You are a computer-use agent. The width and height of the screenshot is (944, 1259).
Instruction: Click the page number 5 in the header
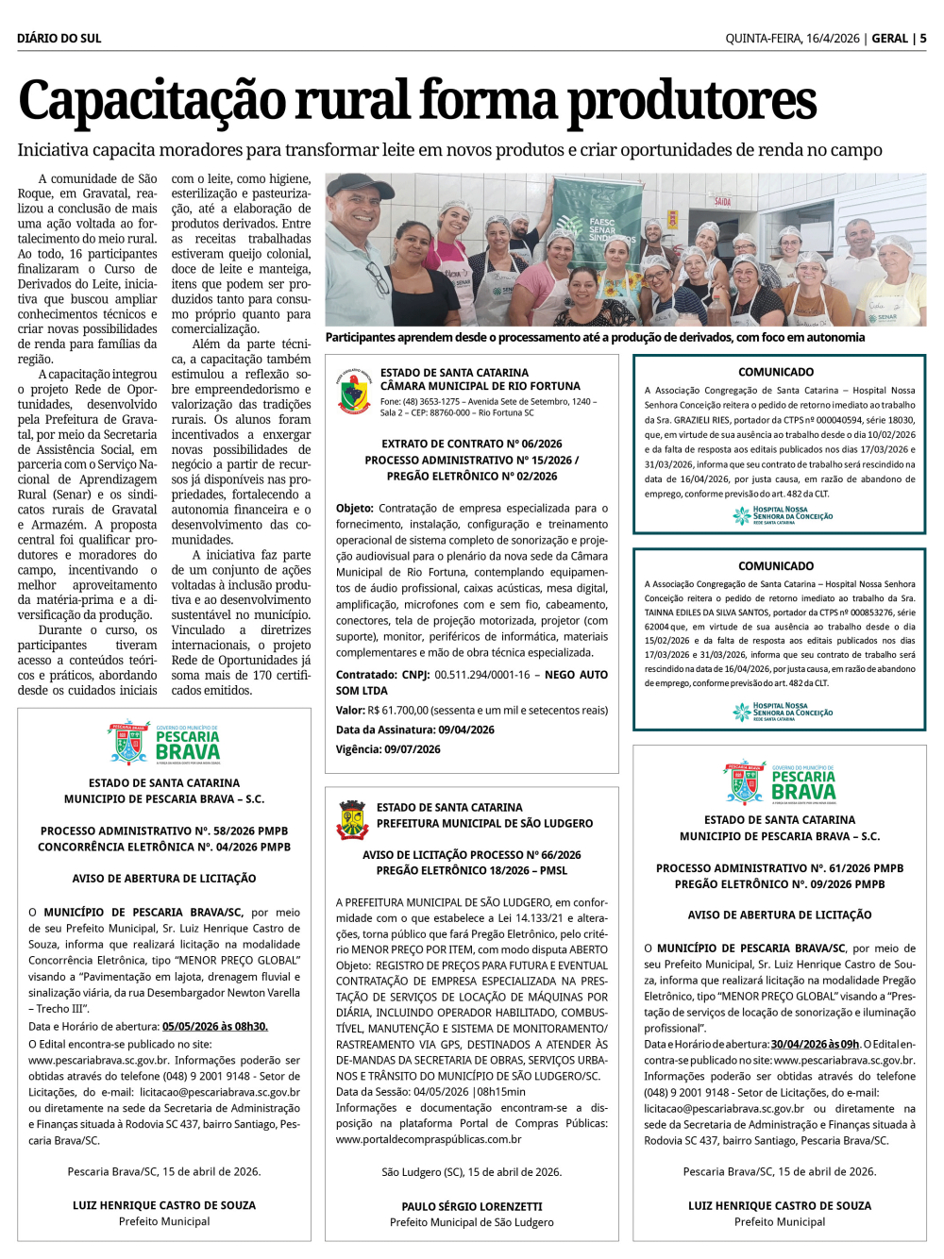click(922, 39)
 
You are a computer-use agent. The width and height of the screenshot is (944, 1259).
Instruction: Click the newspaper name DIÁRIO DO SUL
click(59, 39)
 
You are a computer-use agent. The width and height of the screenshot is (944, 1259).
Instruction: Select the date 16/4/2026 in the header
click(832, 39)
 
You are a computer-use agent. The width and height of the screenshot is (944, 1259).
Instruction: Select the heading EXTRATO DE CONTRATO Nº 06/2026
click(471, 444)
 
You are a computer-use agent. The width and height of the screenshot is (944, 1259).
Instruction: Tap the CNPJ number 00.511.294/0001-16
click(481, 675)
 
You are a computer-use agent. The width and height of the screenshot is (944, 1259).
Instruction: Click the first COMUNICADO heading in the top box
click(776, 373)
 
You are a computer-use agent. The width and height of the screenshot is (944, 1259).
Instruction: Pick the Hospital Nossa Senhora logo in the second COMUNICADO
click(783, 712)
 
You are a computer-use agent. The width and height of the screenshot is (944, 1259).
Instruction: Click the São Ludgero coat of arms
click(352, 818)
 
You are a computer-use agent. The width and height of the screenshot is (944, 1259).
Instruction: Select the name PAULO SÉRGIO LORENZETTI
click(472, 1206)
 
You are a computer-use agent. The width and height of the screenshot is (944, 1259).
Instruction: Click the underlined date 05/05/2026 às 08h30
click(215, 1027)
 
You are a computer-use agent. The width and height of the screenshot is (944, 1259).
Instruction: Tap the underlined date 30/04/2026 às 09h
click(815, 1044)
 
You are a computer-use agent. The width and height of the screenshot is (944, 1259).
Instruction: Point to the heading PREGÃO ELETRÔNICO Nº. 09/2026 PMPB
click(780, 884)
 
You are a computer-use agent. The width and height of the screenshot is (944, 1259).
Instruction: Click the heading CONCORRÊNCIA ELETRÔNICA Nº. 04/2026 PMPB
click(164, 848)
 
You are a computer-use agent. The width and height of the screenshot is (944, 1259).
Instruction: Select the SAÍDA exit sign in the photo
click(722, 202)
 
